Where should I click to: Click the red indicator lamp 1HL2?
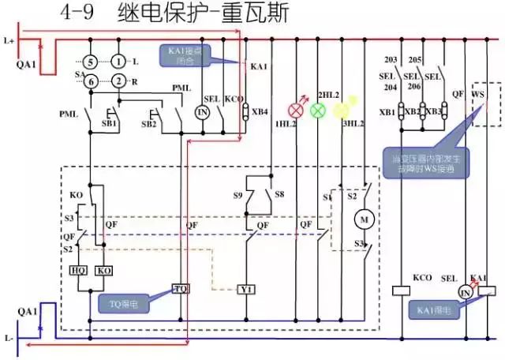click(299, 110)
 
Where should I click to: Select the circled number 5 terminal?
click(91, 62)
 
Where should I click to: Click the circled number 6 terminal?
click(91, 81)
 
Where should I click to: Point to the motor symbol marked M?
click(365, 217)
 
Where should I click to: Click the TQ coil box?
click(181, 289)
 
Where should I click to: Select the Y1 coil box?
click(247, 289)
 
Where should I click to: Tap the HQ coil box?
click(79, 270)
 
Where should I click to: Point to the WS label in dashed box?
click(478, 93)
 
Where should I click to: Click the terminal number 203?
click(391, 60)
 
